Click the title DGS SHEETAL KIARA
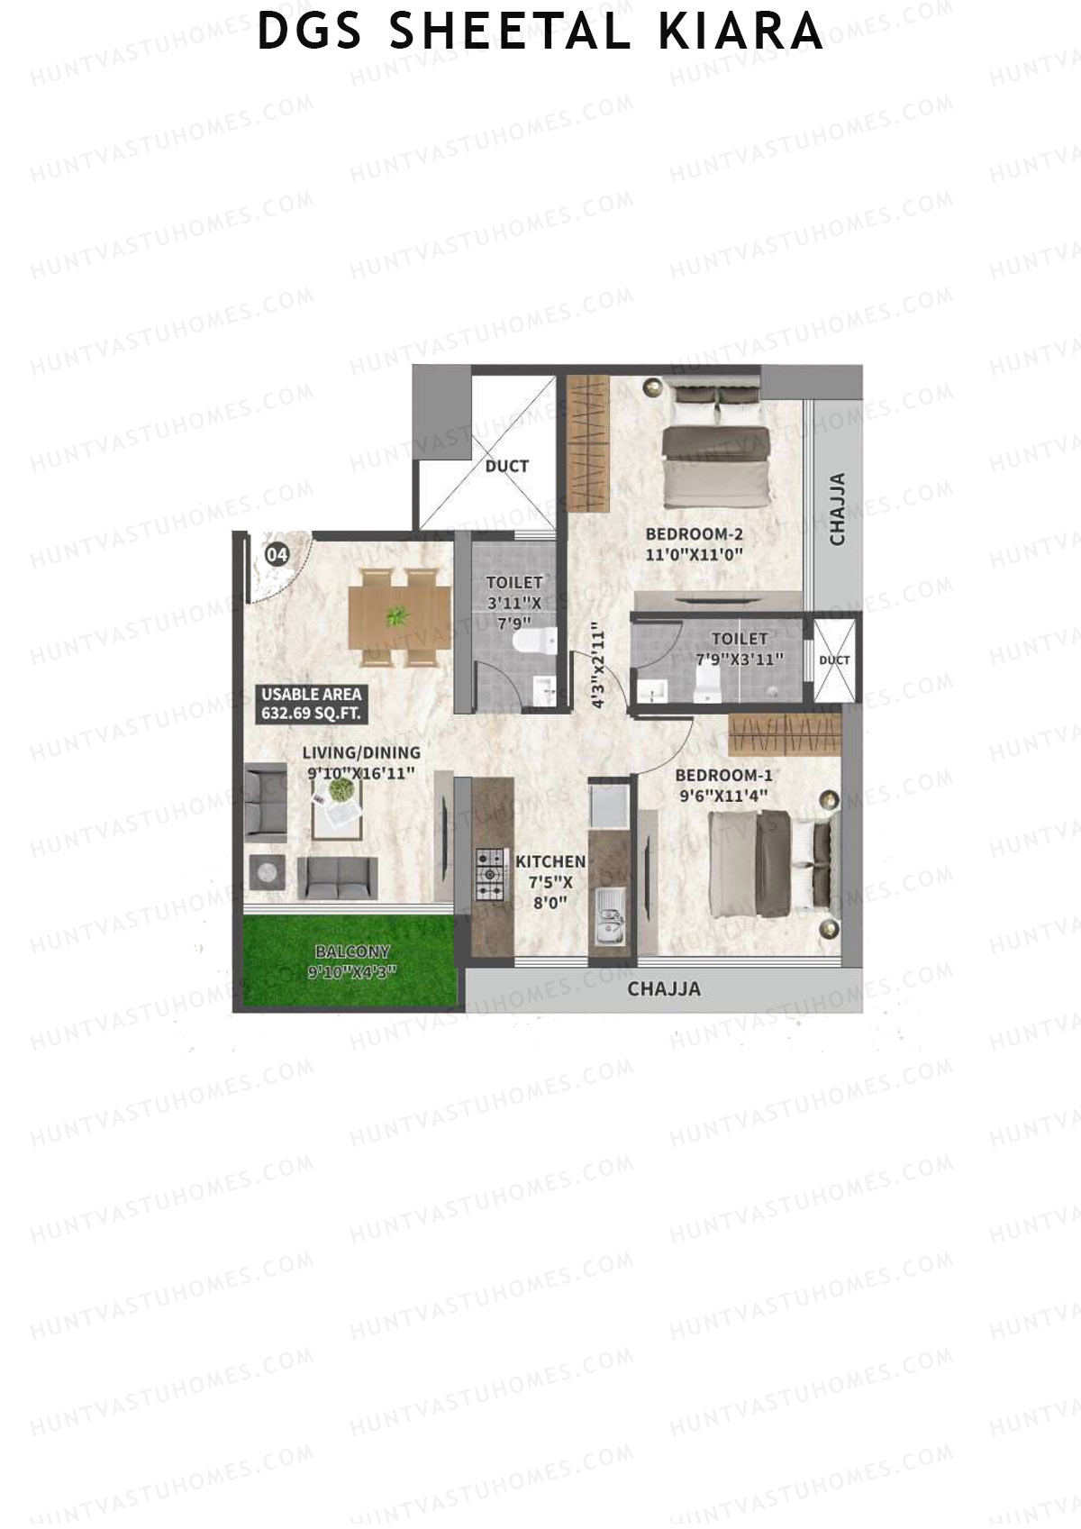[x=540, y=32]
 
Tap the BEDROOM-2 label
[x=694, y=533]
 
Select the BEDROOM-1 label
[x=723, y=775]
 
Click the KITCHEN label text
[x=550, y=862]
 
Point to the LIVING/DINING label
[x=361, y=753]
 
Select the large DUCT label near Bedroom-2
[x=506, y=466]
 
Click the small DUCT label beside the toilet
[x=834, y=660]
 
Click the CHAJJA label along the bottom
[x=664, y=988]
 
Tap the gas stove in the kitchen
[x=490, y=874]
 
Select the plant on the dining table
[x=395, y=617]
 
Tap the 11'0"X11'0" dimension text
[x=694, y=555]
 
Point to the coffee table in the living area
[x=339, y=806]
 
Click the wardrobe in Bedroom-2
[x=588, y=441]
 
